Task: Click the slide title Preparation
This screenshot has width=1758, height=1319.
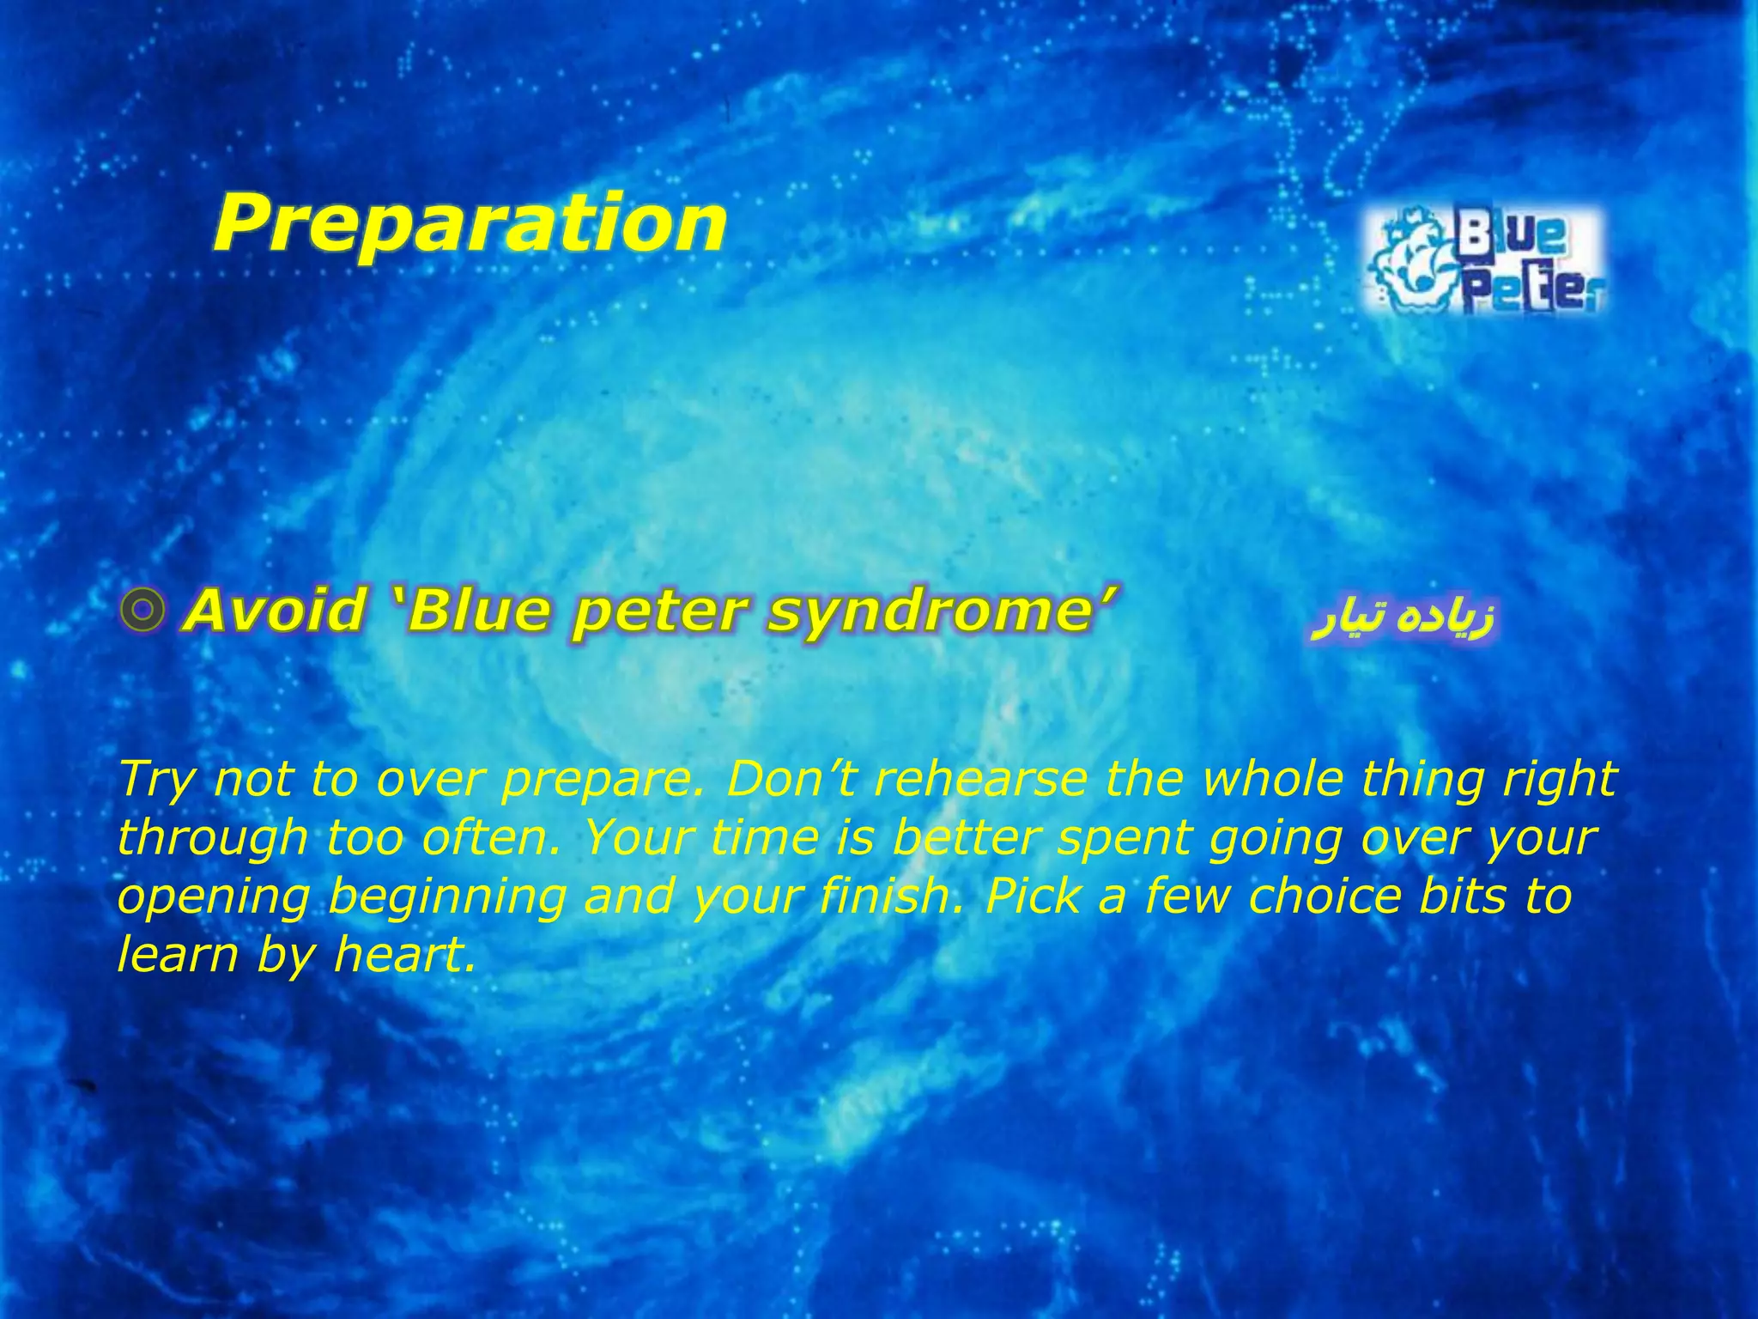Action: click(x=470, y=223)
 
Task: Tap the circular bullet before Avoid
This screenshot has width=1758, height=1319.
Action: click(x=142, y=611)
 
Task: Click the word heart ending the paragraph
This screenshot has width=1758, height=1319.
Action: click(x=403, y=954)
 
